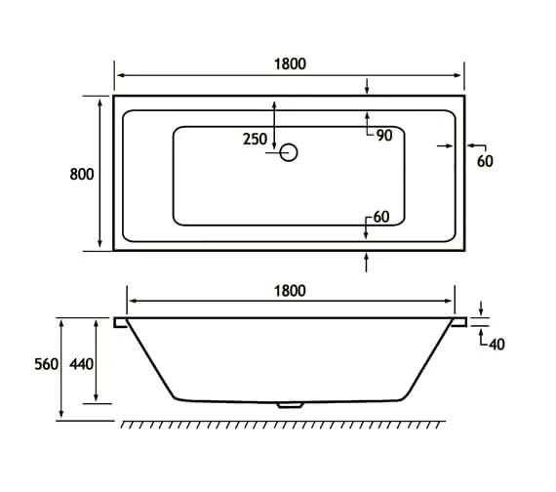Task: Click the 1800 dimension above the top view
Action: tap(290, 63)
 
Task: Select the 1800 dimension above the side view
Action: tap(290, 290)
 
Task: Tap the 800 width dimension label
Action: tap(81, 174)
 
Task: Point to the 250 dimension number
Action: tap(255, 140)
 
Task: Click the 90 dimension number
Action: tap(383, 136)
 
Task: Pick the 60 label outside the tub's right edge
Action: tap(485, 162)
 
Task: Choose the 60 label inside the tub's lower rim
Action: tap(381, 217)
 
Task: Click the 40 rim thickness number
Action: tap(496, 343)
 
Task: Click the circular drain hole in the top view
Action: tap(288, 152)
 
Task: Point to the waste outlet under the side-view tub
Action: tap(289, 403)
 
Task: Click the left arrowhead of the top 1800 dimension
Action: tap(118, 75)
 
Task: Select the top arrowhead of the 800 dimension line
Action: tap(99, 100)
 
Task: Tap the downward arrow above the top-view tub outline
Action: tap(367, 89)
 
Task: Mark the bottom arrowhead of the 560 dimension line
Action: tap(63, 416)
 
